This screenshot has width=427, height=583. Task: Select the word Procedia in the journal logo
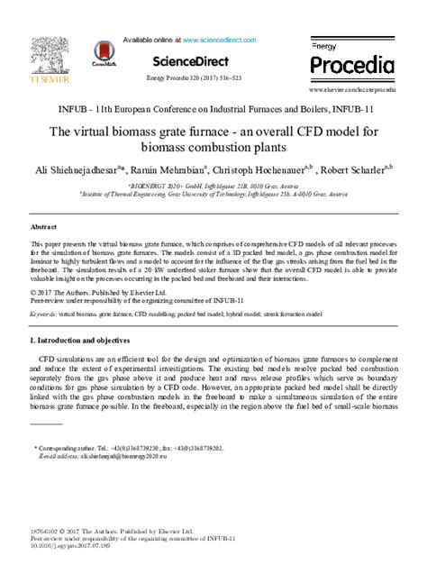coord(352,65)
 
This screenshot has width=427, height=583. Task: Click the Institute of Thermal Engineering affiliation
coord(213,192)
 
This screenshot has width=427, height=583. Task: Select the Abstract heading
coord(43,228)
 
